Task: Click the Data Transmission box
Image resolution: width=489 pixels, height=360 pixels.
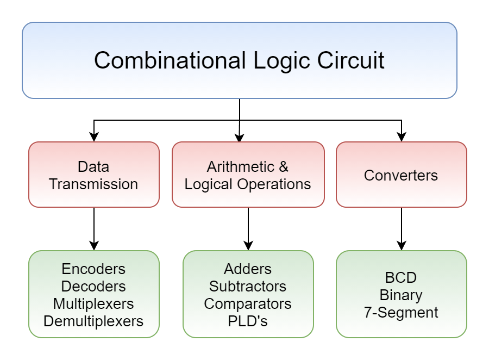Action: (x=93, y=175)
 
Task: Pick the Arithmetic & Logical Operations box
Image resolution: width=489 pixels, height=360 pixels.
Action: (x=248, y=175)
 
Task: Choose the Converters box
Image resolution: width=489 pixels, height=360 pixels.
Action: (x=401, y=175)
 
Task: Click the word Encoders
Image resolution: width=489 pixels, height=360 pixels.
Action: (x=93, y=269)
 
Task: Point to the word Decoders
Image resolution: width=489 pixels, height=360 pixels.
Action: (x=93, y=286)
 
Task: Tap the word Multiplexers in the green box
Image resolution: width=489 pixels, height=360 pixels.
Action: (x=93, y=303)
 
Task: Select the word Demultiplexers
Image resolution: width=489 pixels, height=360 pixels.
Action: (x=93, y=321)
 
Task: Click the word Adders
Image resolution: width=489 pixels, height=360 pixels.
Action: (x=248, y=269)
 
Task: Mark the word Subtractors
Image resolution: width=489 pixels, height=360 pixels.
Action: (x=248, y=286)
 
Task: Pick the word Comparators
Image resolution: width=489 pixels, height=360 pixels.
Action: (x=248, y=303)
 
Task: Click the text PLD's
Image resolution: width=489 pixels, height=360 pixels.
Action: (x=248, y=321)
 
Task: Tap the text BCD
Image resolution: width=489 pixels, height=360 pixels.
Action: (x=401, y=277)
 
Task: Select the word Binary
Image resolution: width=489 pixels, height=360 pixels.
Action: (x=401, y=295)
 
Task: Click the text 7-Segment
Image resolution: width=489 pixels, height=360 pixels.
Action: (x=401, y=312)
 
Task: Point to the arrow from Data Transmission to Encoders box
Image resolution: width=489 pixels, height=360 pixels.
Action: (x=94, y=228)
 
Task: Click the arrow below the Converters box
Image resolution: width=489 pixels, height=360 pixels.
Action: (x=402, y=228)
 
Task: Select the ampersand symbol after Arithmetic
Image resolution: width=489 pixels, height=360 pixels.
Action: (x=283, y=166)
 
